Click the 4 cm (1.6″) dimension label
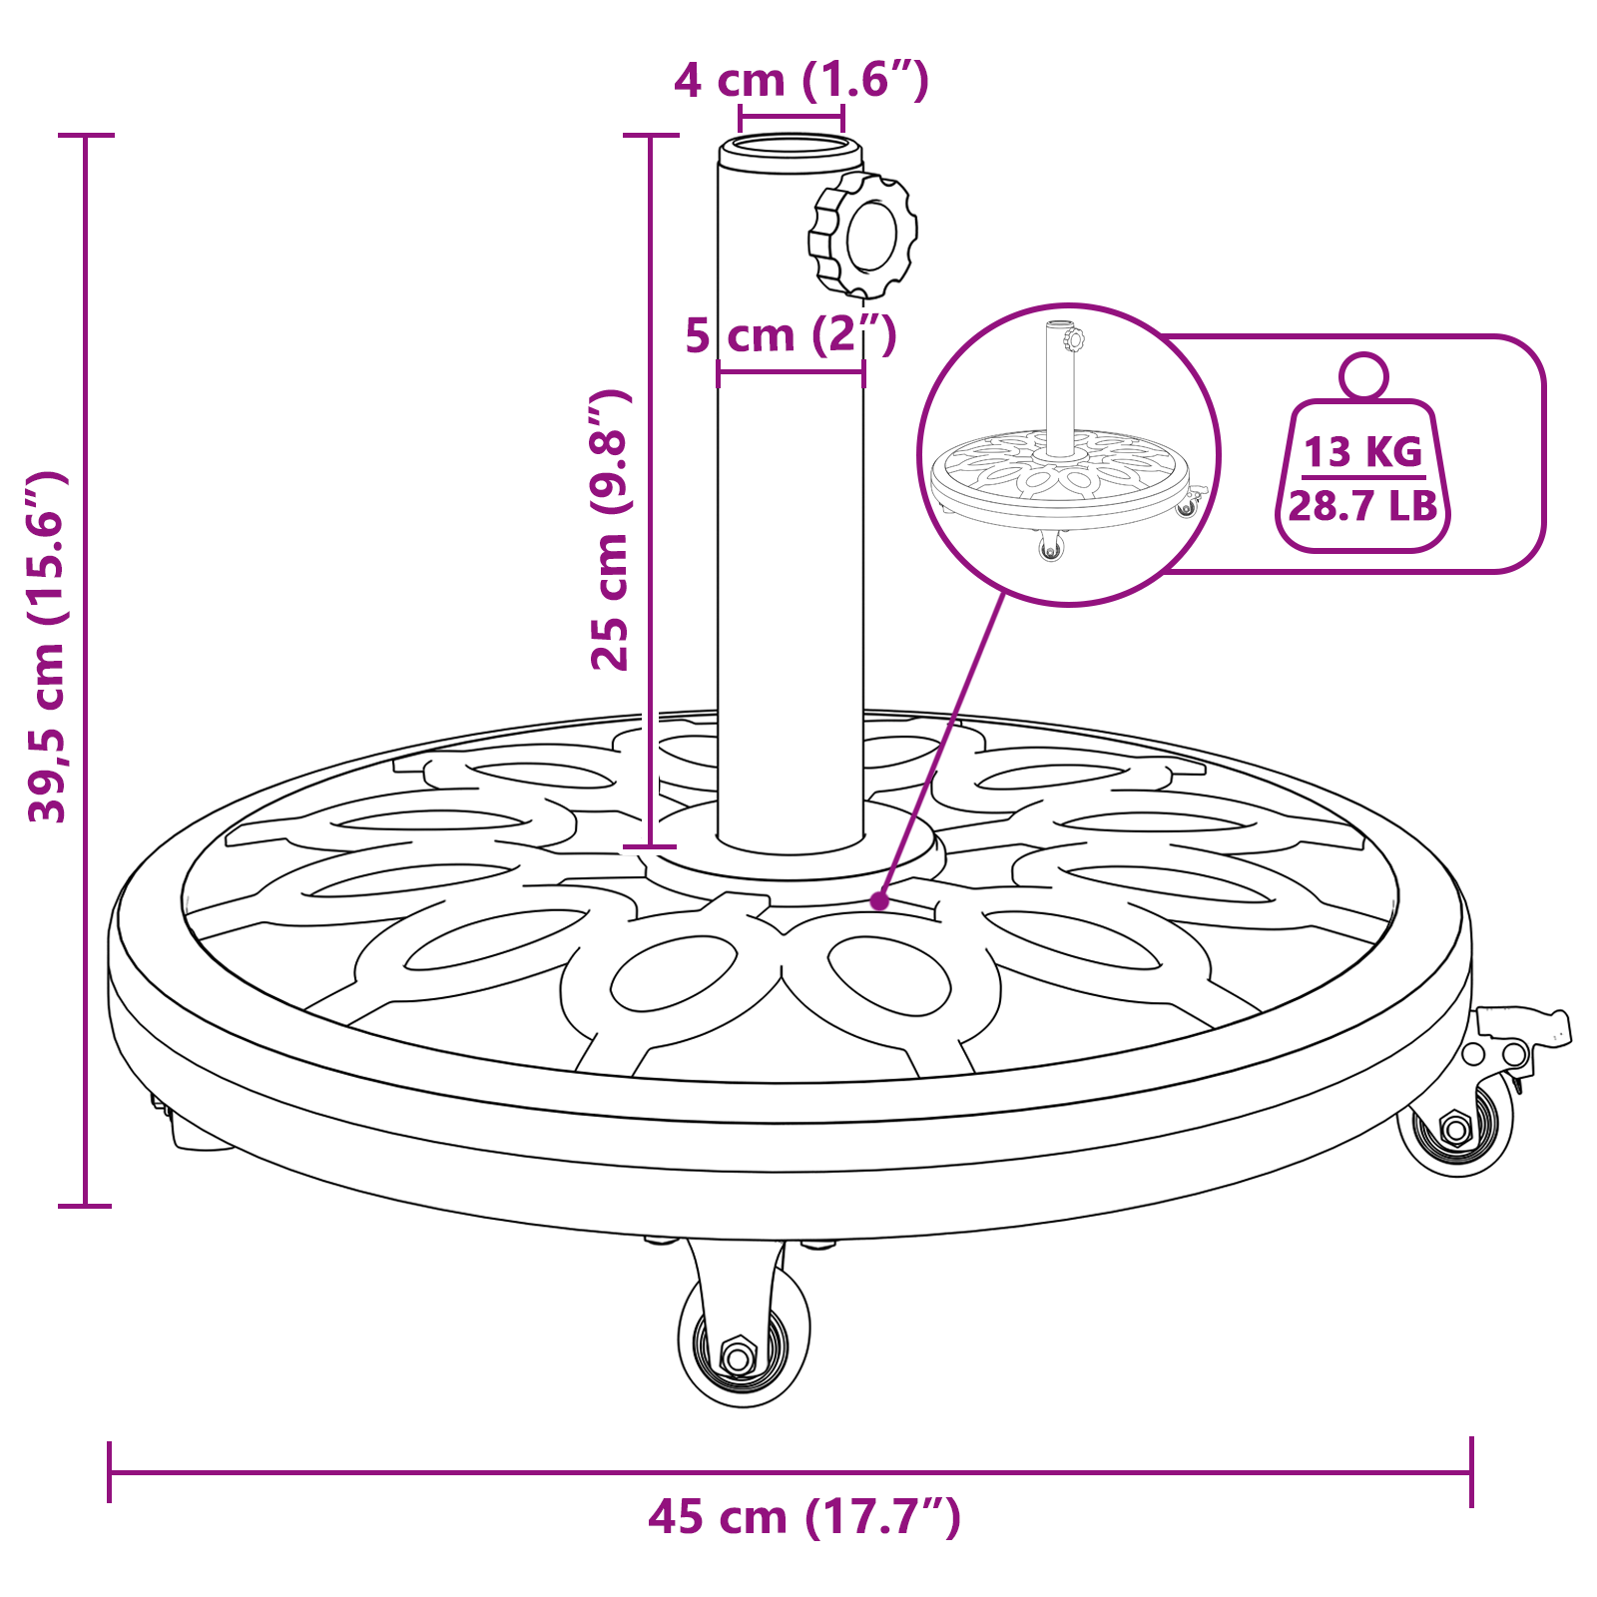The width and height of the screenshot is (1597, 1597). [x=801, y=80]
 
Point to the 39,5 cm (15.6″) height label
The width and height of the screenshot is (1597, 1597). [x=47, y=647]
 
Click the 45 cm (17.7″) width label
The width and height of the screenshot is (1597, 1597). [x=804, y=1517]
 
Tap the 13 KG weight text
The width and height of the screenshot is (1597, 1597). [x=1363, y=452]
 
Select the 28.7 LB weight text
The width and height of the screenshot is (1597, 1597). [x=1363, y=506]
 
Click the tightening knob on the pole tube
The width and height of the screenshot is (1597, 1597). [x=863, y=236]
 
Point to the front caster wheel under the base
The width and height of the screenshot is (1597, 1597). [x=744, y=1328]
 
